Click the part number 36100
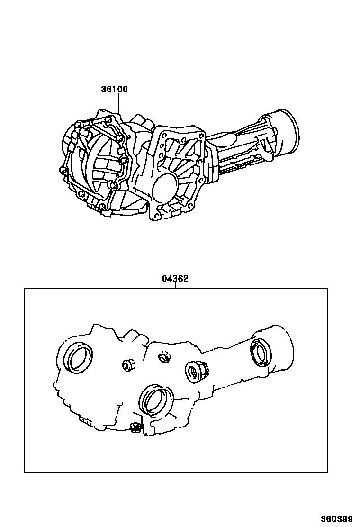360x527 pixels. pos(114,89)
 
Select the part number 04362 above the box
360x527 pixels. pos(175,279)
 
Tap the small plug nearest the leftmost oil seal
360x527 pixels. pos(127,365)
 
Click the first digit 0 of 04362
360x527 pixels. pos(164,279)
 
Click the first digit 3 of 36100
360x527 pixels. pos(103,89)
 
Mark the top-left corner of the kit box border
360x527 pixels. pos(24,288)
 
